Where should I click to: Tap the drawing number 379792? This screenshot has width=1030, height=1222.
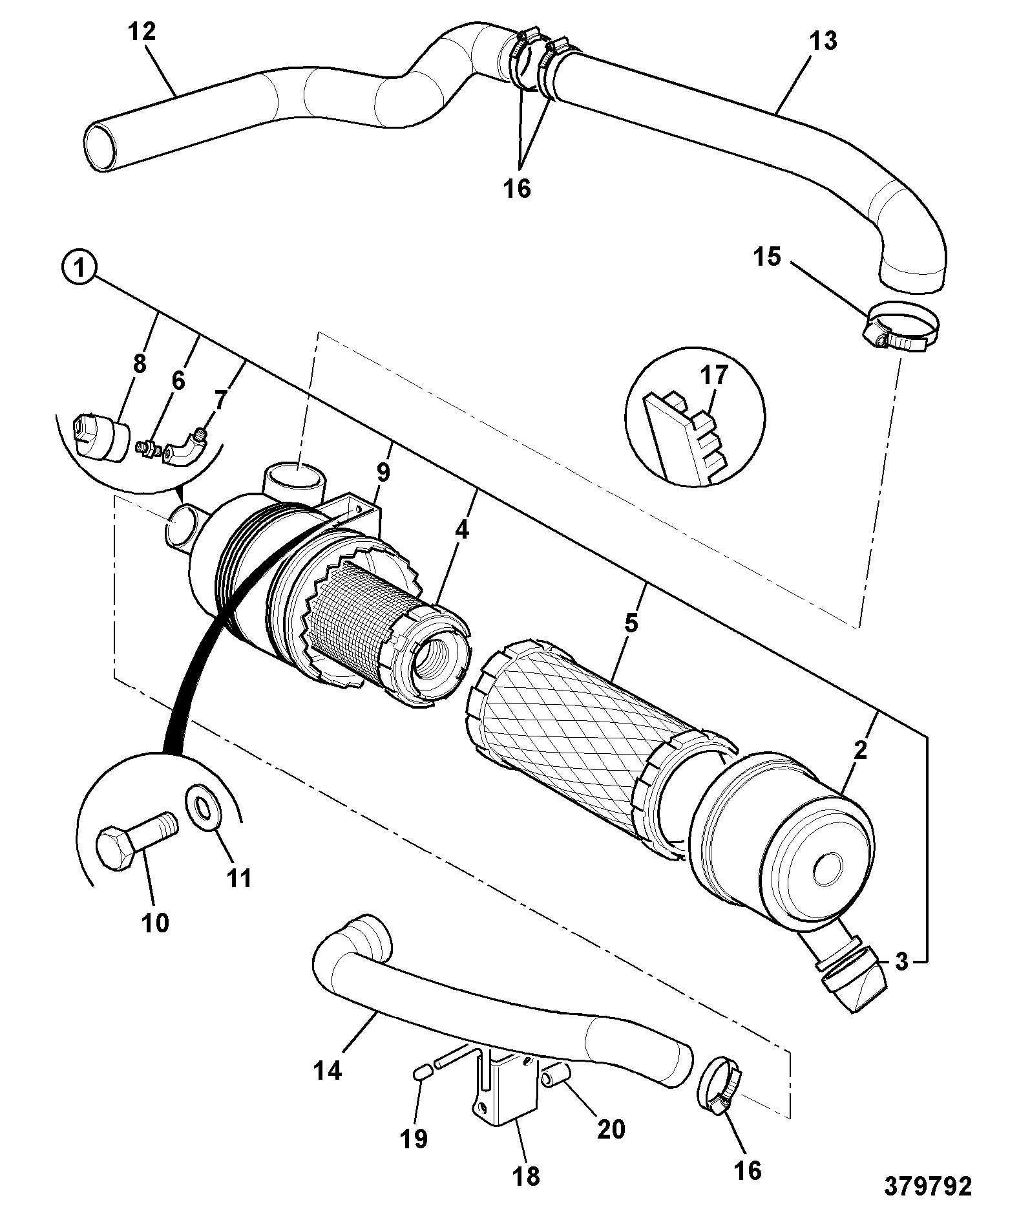tap(929, 1186)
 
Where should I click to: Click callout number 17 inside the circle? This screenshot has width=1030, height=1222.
tap(713, 376)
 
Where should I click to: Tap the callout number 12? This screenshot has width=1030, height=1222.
tap(142, 32)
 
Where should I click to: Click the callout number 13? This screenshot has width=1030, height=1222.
tap(823, 40)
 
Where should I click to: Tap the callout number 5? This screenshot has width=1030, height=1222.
tap(631, 623)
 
